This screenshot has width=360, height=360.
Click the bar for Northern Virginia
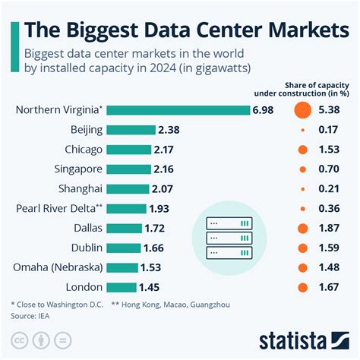(178, 110)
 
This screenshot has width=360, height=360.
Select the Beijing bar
(131, 130)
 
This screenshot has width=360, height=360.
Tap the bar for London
(122, 287)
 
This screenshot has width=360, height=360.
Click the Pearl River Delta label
(59, 208)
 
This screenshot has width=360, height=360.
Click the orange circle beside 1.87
(302, 228)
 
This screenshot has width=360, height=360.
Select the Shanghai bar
(128, 188)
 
